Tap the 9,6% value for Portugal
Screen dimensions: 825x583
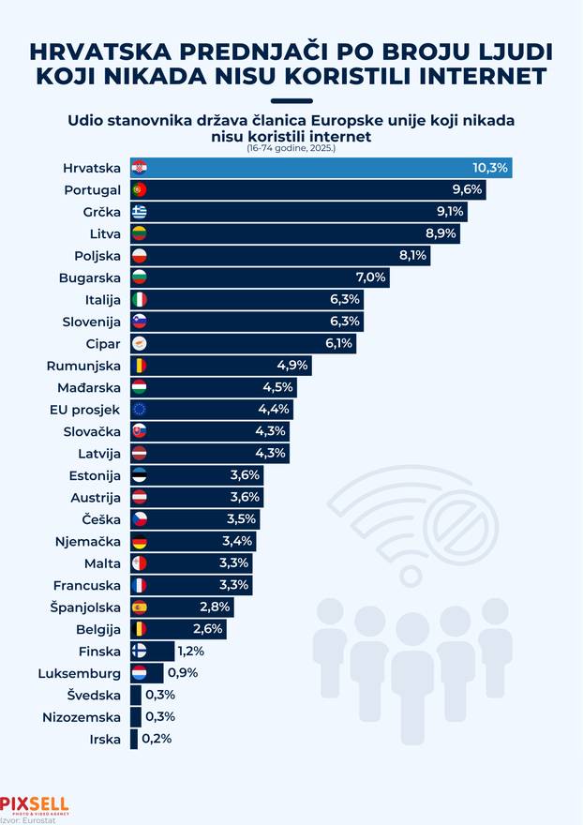coord(466,189)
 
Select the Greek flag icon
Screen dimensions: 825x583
coord(139,211)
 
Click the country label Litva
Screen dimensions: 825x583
coord(102,233)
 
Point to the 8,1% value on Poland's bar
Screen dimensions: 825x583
coord(412,255)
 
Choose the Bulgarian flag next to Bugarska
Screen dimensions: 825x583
coord(139,277)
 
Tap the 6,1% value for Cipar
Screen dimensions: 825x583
coord(338,343)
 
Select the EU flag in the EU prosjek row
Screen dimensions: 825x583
coord(139,410)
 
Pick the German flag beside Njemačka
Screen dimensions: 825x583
coord(139,541)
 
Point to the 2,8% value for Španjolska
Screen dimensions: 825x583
coord(215,607)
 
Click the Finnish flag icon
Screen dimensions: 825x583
coord(139,652)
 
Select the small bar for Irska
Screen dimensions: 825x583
coord(134,740)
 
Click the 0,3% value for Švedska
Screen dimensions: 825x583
coord(160,696)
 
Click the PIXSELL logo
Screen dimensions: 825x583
coord(34,803)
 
